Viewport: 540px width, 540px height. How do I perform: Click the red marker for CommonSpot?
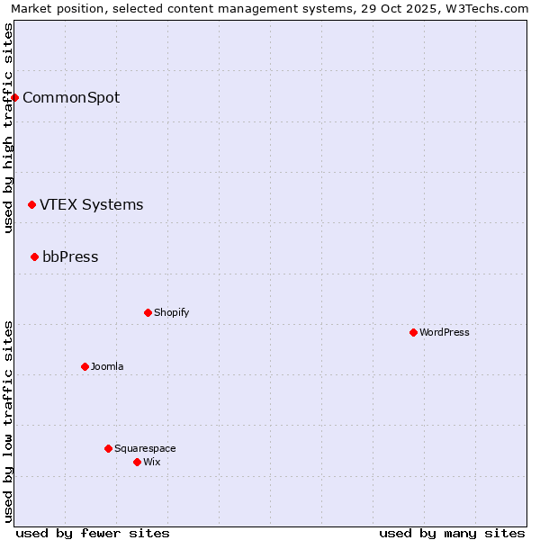point(15,97)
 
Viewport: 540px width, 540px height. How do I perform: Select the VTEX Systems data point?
point(31,205)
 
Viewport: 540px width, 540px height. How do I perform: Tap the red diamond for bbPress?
point(34,257)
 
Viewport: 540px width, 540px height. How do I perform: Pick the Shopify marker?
point(148,312)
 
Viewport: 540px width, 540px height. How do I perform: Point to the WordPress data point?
point(413,332)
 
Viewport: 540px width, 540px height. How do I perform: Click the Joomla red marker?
point(85,366)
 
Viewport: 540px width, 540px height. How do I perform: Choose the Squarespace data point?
point(108,448)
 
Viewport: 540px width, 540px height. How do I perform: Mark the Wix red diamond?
point(137,462)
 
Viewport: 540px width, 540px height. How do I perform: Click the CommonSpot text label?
point(71,98)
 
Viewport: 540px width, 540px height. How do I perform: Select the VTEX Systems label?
point(91,205)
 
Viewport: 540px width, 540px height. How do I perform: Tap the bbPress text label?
point(70,257)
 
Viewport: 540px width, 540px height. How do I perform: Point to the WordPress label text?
point(445,332)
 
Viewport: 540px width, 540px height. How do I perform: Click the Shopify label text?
point(171,312)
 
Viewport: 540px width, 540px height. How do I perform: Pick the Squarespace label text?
point(145,448)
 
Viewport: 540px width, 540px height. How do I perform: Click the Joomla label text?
point(107,366)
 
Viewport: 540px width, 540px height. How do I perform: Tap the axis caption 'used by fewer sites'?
point(93,533)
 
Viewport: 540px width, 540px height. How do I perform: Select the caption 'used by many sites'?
point(452,533)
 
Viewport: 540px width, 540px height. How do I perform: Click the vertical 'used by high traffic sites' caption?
point(8,128)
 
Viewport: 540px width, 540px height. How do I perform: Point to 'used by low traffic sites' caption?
point(8,421)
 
